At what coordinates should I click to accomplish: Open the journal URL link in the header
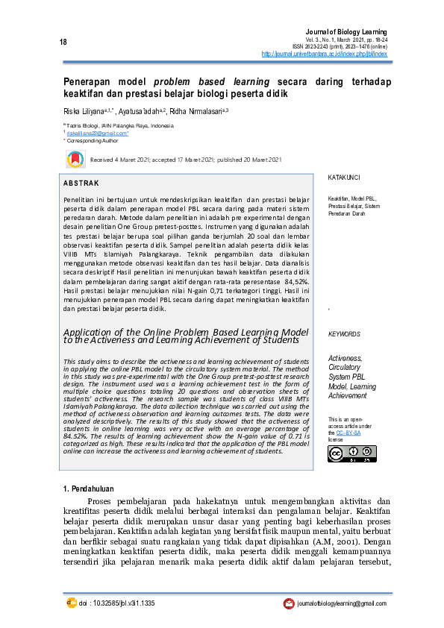tap(324, 54)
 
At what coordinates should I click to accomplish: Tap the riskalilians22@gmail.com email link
tap(99, 133)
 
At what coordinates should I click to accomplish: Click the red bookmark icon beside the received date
tap(75, 159)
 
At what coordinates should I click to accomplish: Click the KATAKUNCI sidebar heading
tap(344, 178)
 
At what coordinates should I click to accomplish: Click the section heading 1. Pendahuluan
tap(94, 488)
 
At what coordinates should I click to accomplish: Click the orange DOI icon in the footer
tap(72, 602)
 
